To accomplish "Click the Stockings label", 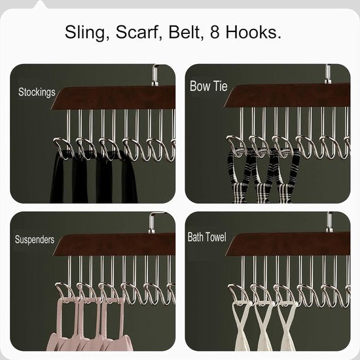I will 37,92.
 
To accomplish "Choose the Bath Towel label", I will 207,237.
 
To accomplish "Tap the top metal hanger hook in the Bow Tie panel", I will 328,73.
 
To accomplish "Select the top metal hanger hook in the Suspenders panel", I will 154,223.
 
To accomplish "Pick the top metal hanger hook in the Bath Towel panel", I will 329,222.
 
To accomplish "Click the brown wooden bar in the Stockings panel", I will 118,98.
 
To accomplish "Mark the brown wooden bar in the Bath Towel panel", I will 288,243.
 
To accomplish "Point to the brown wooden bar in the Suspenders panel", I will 118,245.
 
